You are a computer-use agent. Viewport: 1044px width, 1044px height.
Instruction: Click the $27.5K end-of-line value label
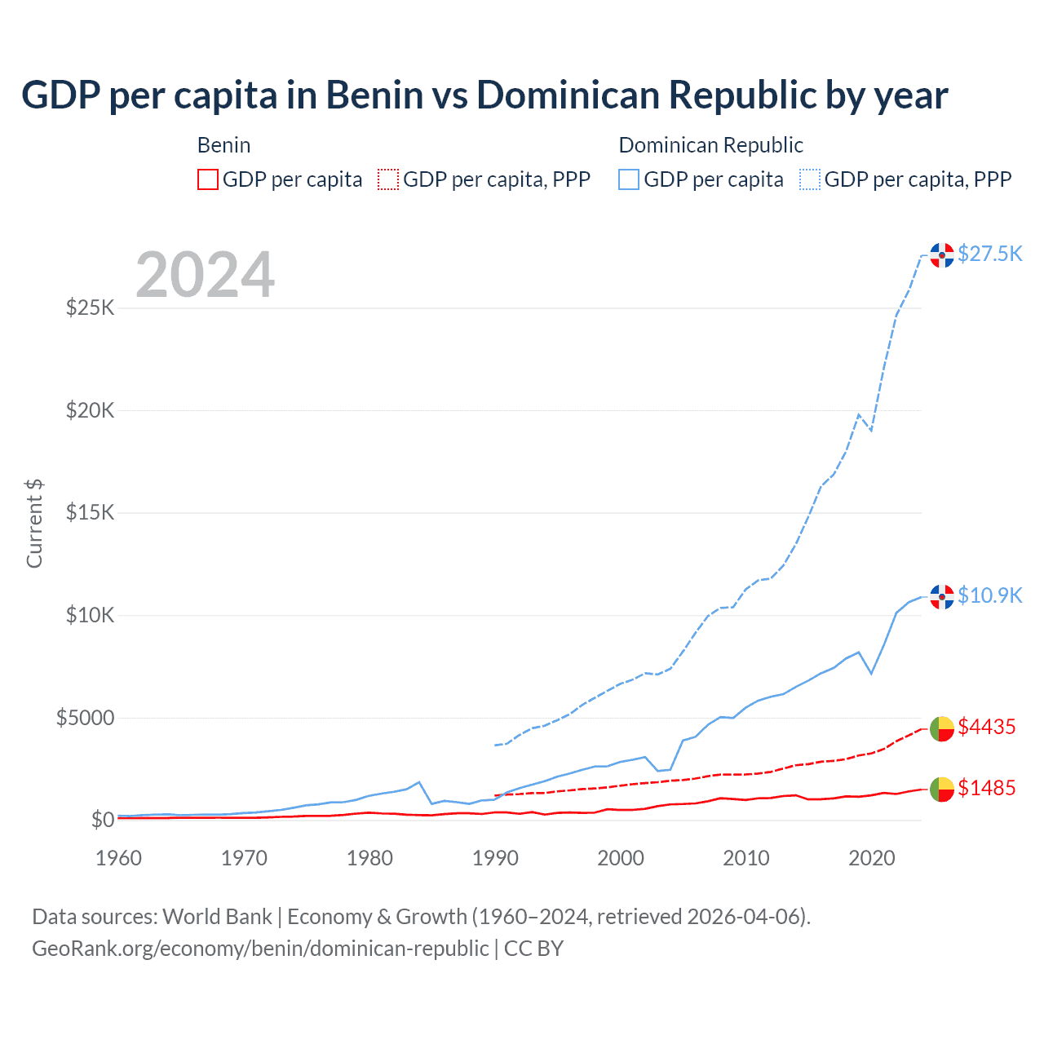tap(989, 254)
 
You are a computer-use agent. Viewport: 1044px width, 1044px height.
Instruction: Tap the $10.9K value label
tap(989, 595)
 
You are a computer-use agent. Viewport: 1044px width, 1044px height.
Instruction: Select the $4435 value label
tap(986, 727)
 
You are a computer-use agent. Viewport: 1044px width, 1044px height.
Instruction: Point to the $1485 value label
tap(986, 788)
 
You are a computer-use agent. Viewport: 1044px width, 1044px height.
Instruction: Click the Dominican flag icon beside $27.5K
tap(942, 255)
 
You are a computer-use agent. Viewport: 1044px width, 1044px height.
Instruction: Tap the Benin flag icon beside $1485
tap(942, 790)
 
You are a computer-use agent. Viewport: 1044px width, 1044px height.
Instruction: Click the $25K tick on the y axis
tap(90, 307)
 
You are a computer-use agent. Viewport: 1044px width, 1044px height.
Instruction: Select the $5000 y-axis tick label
tap(85, 718)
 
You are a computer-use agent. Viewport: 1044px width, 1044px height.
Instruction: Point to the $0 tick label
tap(102, 820)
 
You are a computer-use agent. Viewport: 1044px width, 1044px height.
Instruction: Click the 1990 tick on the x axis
tap(495, 858)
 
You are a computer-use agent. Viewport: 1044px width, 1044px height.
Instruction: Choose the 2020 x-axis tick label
tap(872, 858)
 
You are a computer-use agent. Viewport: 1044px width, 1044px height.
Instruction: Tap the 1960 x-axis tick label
tap(118, 858)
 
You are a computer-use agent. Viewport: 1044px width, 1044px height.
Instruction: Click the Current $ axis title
tap(34, 524)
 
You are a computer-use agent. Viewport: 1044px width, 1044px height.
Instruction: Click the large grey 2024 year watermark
tap(205, 275)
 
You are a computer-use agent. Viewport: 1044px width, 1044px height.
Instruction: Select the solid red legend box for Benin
tap(208, 179)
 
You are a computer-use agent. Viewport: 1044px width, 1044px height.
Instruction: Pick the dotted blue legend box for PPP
tap(810, 179)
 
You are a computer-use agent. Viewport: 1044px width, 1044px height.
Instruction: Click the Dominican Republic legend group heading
tap(710, 145)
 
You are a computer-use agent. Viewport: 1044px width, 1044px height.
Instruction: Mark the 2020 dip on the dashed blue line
tap(871, 430)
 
